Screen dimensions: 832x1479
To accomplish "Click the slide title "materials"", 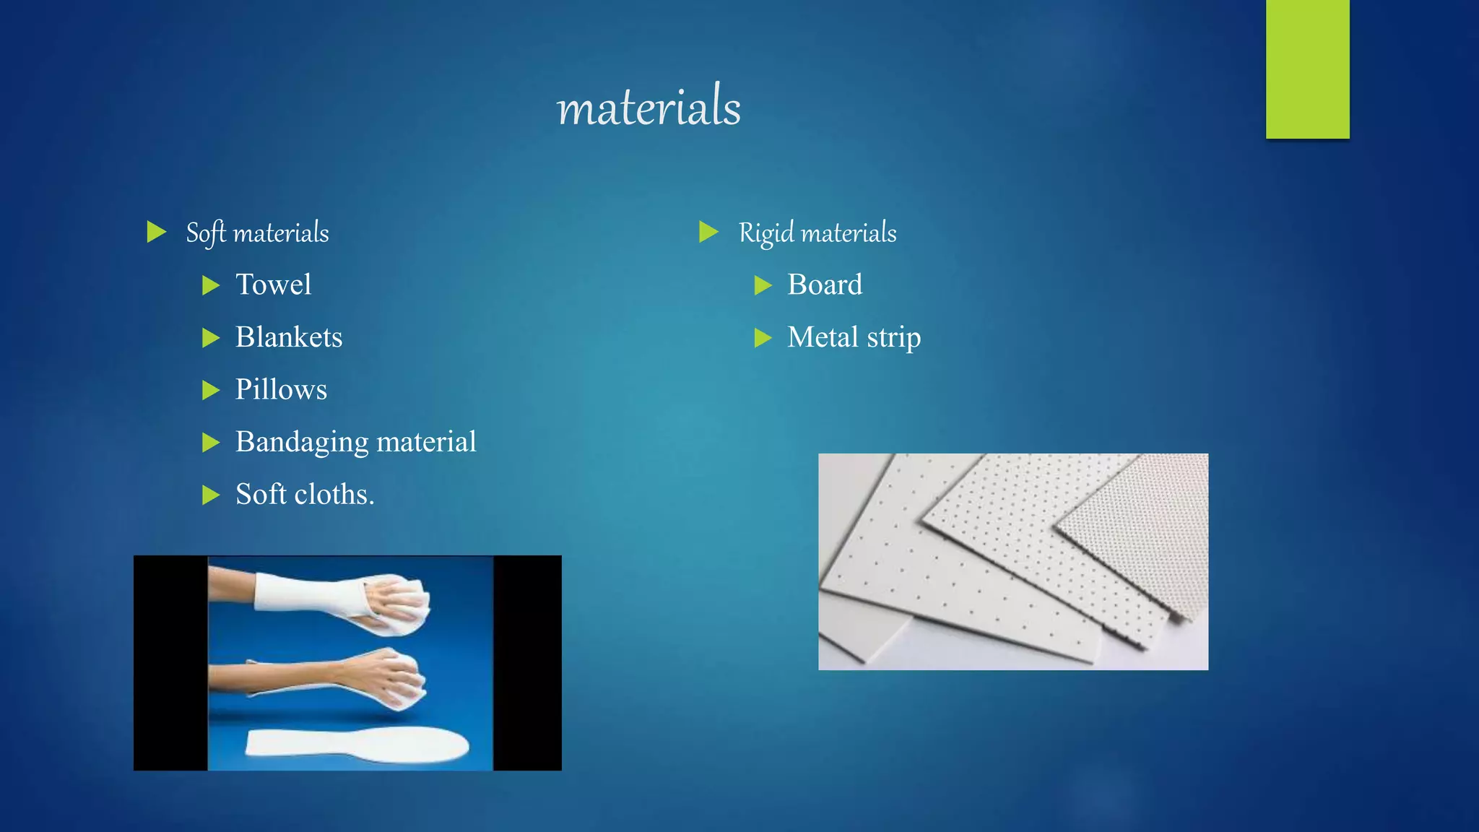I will pos(649,107).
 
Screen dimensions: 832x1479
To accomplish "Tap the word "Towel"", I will pos(273,285).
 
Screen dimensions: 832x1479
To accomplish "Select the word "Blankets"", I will pos(289,337).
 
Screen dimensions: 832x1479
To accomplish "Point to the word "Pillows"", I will pos(281,389).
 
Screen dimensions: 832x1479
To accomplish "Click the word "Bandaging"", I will pos(302,442).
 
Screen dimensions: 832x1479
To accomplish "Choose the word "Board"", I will pos(825,285).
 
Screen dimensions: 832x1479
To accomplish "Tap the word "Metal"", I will pos(823,337).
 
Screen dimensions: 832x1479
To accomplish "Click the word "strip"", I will pos(894,338).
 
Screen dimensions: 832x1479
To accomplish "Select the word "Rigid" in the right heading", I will pos(766,233).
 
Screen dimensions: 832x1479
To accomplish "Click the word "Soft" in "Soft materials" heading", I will pos(206,233).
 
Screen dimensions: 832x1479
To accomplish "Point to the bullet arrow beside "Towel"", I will pos(211,285).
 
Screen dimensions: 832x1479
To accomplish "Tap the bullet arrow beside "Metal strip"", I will pos(763,337).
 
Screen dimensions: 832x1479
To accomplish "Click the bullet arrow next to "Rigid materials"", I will pos(708,232).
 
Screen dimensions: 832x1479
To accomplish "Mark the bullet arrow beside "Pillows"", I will pos(211,390).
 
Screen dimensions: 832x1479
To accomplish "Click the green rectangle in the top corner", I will pos(1307,69).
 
